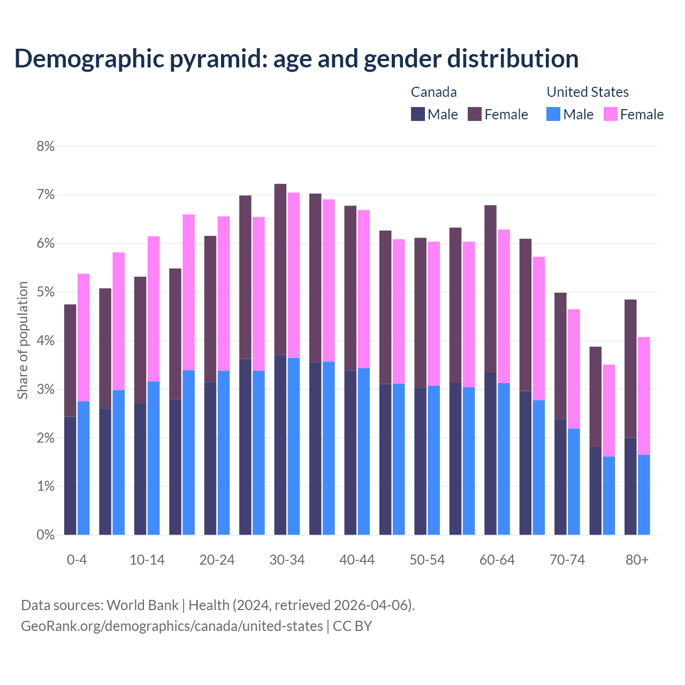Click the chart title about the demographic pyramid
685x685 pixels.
(x=296, y=59)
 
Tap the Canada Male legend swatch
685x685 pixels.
(x=417, y=114)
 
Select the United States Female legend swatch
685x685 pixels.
(x=610, y=114)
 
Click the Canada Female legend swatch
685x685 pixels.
(x=475, y=114)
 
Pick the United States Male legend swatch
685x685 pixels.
(x=553, y=114)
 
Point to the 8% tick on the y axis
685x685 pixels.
(x=45, y=146)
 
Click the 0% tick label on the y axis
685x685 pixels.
(x=45, y=535)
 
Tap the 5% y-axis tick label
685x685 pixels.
(x=45, y=292)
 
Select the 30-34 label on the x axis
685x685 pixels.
(x=287, y=560)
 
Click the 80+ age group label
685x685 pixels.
(x=637, y=560)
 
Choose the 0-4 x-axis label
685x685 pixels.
(x=77, y=560)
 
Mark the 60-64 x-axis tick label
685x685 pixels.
(x=497, y=560)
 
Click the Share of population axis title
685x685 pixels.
(x=22, y=340)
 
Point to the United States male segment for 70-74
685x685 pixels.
(x=574, y=481)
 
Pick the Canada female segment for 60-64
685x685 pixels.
(x=490, y=288)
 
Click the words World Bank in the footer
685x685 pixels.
(x=142, y=605)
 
